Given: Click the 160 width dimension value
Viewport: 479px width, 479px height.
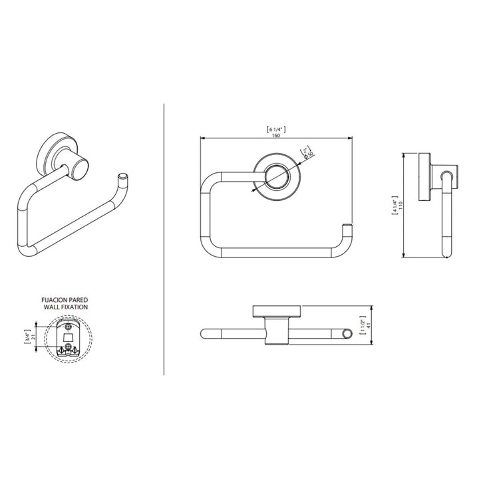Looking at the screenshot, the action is (x=276, y=135).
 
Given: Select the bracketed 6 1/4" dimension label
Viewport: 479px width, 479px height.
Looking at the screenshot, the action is (x=276, y=129).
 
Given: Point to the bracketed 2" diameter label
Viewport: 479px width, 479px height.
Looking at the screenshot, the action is (x=305, y=150).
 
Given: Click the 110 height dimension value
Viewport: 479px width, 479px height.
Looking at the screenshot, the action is (x=401, y=206).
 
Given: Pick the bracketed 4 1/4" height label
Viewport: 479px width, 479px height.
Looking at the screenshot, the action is (x=395, y=206).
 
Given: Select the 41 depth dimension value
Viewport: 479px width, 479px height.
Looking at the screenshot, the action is (x=368, y=325).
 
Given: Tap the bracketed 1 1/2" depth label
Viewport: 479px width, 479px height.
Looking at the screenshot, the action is (x=363, y=325).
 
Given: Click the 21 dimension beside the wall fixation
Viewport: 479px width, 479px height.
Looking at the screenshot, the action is (x=34, y=337).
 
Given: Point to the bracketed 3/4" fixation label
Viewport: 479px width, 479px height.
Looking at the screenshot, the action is (x=28, y=337).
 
